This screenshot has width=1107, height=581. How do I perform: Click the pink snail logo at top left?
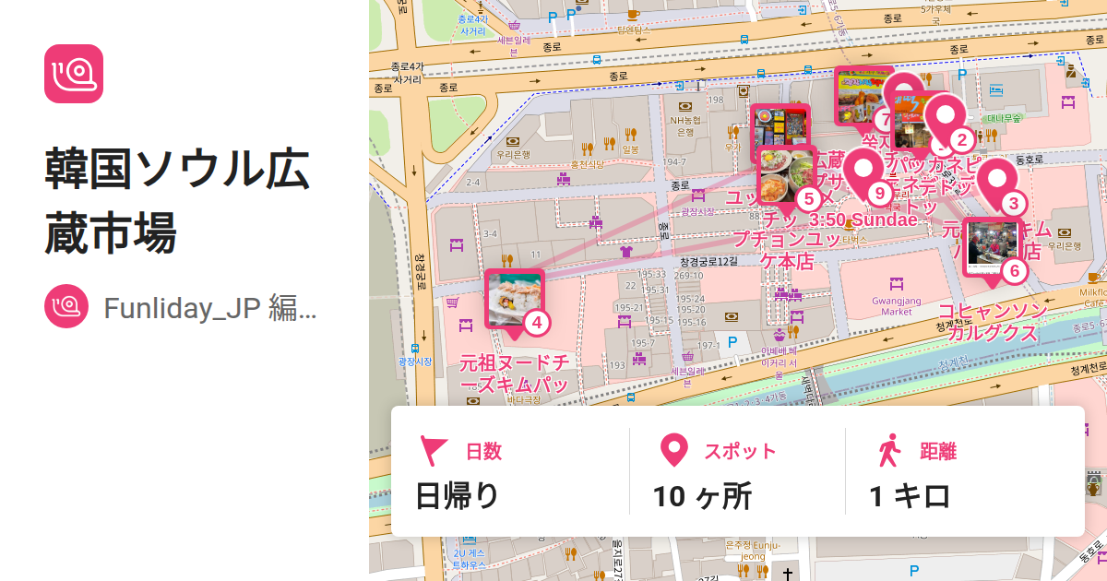[x=74, y=74]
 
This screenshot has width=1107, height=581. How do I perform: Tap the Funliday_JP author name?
[x=210, y=308]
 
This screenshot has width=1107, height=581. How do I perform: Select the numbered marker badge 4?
[x=536, y=323]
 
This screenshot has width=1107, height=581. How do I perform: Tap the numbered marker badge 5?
[x=808, y=198]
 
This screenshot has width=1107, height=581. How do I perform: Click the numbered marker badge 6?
[x=1014, y=271]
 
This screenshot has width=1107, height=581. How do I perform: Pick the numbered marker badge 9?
[x=878, y=193]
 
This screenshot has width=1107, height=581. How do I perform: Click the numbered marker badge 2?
[x=961, y=140]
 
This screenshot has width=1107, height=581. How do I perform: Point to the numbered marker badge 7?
[x=887, y=119]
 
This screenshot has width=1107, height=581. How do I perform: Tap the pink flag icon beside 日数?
[x=434, y=451]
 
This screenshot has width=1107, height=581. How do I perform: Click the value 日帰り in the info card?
[x=458, y=496]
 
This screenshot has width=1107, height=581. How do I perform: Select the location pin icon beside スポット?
[x=675, y=451]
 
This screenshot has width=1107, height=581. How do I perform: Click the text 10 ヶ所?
[x=702, y=496]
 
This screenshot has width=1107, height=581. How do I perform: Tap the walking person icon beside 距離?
[x=889, y=451]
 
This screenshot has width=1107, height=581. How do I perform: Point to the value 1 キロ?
[x=910, y=496]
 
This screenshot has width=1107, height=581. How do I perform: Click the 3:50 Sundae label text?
[x=863, y=220]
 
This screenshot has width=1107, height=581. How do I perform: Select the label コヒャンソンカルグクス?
[x=993, y=322]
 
